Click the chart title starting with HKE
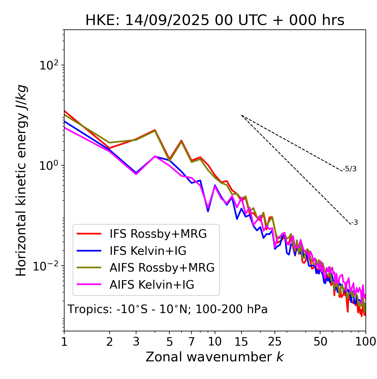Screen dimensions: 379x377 point(215,20)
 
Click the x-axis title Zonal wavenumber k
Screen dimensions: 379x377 point(214,357)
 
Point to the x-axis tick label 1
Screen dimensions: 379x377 point(64,341)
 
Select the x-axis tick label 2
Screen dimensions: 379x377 point(110,341)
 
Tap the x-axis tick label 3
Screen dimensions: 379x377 point(136,341)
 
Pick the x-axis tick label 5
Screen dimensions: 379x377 point(169,341)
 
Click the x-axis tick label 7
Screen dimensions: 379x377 point(191,341)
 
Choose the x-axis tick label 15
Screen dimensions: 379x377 point(241,341)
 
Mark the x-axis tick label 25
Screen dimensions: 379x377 point(275,341)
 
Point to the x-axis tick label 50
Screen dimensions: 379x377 point(320,341)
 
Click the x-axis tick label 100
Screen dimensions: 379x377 point(366,341)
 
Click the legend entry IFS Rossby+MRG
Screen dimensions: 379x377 point(158,234)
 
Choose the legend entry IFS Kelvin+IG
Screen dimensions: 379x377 point(148,251)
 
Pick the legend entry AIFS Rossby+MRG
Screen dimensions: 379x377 point(162,268)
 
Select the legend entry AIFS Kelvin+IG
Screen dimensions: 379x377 point(152,285)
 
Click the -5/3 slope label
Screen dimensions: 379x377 point(350,169)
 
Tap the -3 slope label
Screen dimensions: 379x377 point(354,222)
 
